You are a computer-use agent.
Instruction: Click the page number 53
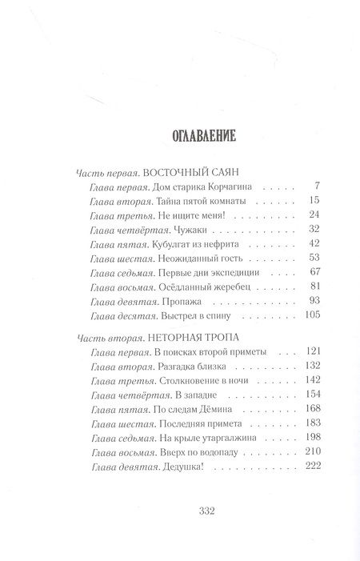[291, 257]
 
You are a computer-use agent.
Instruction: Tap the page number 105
[289, 314]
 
